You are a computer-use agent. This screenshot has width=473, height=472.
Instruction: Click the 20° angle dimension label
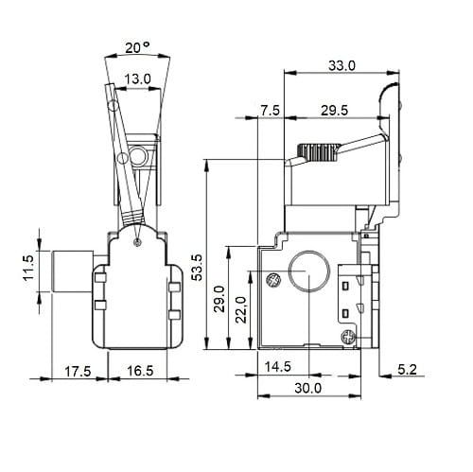coord(137,47)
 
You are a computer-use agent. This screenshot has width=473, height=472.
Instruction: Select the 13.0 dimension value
coord(137,79)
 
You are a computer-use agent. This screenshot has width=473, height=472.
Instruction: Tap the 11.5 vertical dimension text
coord(27,268)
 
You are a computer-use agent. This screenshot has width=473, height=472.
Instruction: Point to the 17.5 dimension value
coord(78,371)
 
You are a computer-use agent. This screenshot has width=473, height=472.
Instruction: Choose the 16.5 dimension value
coord(140,371)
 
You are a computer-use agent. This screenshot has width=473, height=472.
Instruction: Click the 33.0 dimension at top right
coord(342,65)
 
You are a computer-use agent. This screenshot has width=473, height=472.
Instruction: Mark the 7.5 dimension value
coord(271,111)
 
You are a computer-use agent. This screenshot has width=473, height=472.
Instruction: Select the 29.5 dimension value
coord(334,111)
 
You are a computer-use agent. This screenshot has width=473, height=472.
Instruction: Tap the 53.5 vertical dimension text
coord(199,268)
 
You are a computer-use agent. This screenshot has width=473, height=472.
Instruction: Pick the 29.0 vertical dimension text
coord(219,299)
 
